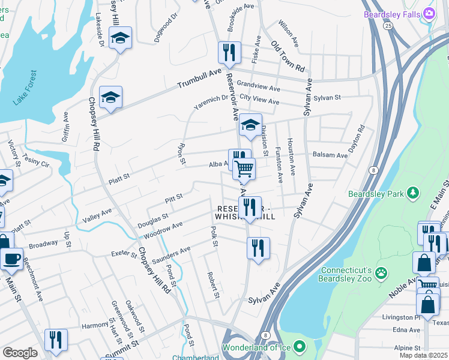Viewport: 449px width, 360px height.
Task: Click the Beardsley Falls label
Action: [x=391, y=13]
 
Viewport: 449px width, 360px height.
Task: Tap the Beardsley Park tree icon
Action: [x=412, y=193]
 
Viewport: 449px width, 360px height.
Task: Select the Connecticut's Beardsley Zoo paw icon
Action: [x=381, y=274]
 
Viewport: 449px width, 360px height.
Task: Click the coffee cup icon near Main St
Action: [x=11, y=259]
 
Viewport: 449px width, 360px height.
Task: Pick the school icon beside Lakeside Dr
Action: [x=121, y=39]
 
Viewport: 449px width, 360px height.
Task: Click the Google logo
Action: [x=20, y=353]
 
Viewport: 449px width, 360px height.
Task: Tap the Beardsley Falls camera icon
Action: [x=429, y=13]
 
